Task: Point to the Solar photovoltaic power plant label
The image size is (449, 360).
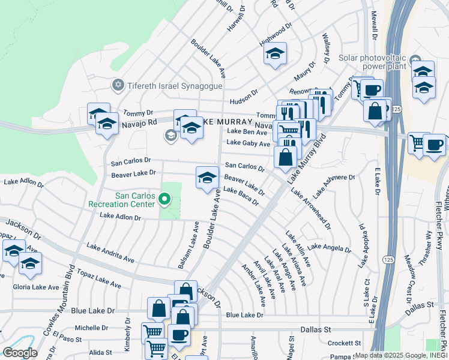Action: pyautogui.click(x=373, y=62)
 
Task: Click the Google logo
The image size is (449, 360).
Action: pyautogui.click(x=20, y=353)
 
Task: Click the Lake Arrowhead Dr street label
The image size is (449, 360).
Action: pyautogui.click(x=311, y=208)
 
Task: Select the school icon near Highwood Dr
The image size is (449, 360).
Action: pyautogui.click(x=276, y=55)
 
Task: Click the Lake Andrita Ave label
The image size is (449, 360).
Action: pyautogui.click(x=110, y=253)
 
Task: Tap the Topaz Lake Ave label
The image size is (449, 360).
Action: pyautogui.click(x=99, y=281)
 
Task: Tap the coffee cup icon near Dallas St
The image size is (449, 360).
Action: pyautogui.click(x=178, y=334)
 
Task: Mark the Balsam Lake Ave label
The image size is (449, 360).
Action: pyautogui.click(x=188, y=244)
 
